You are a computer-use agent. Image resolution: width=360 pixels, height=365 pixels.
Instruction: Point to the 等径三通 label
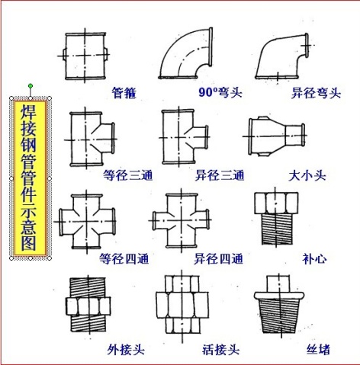(127, 175)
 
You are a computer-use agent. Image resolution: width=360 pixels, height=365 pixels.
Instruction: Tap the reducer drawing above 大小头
(278, 136)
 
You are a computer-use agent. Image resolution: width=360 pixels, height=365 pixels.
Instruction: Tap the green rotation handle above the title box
(30, 85)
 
